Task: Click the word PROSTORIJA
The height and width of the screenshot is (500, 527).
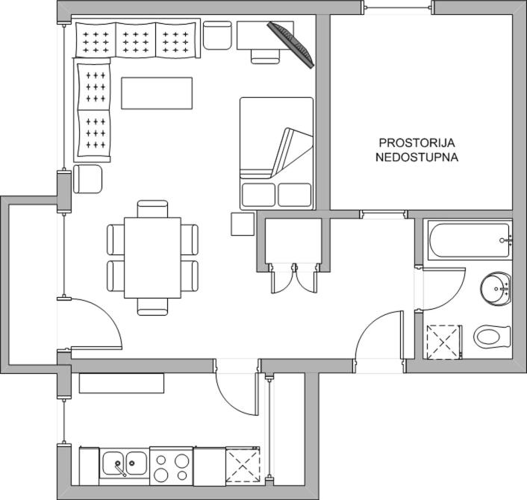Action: click(x=417, y=143)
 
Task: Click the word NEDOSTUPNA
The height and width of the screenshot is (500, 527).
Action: click(x=417, y=157)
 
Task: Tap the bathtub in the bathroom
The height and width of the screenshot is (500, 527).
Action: click(x=470, y=240)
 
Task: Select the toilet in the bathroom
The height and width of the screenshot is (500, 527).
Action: click(x=492, y=337)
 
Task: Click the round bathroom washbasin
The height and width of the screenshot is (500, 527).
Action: click(x=496, y=289)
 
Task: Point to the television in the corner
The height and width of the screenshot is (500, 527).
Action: click(x=290, y=45)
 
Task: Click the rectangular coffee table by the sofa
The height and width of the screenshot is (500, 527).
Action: click(x=157, y=93)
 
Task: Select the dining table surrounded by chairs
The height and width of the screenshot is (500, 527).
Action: click(x=152, y=257)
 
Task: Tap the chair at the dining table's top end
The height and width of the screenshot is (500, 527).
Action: click(x=152, y=209)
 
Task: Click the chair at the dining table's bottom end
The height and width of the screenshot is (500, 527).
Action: click(x=152, y=307)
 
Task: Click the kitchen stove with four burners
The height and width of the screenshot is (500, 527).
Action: click(x=172, y=466)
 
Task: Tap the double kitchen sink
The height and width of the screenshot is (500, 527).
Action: click(x=125, y=463)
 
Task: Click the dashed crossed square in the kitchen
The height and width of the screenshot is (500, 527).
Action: click(x=243, y=466)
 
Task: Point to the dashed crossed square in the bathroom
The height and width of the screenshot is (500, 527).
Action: click(x=443, y=343)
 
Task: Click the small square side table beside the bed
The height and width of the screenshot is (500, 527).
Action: click(x=243, y=224)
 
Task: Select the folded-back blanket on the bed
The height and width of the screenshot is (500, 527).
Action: click(x=277, y=154)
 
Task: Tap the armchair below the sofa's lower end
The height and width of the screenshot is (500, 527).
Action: click(x=87, y=179)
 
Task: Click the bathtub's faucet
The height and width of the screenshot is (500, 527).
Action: click(x=505, y=240)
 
